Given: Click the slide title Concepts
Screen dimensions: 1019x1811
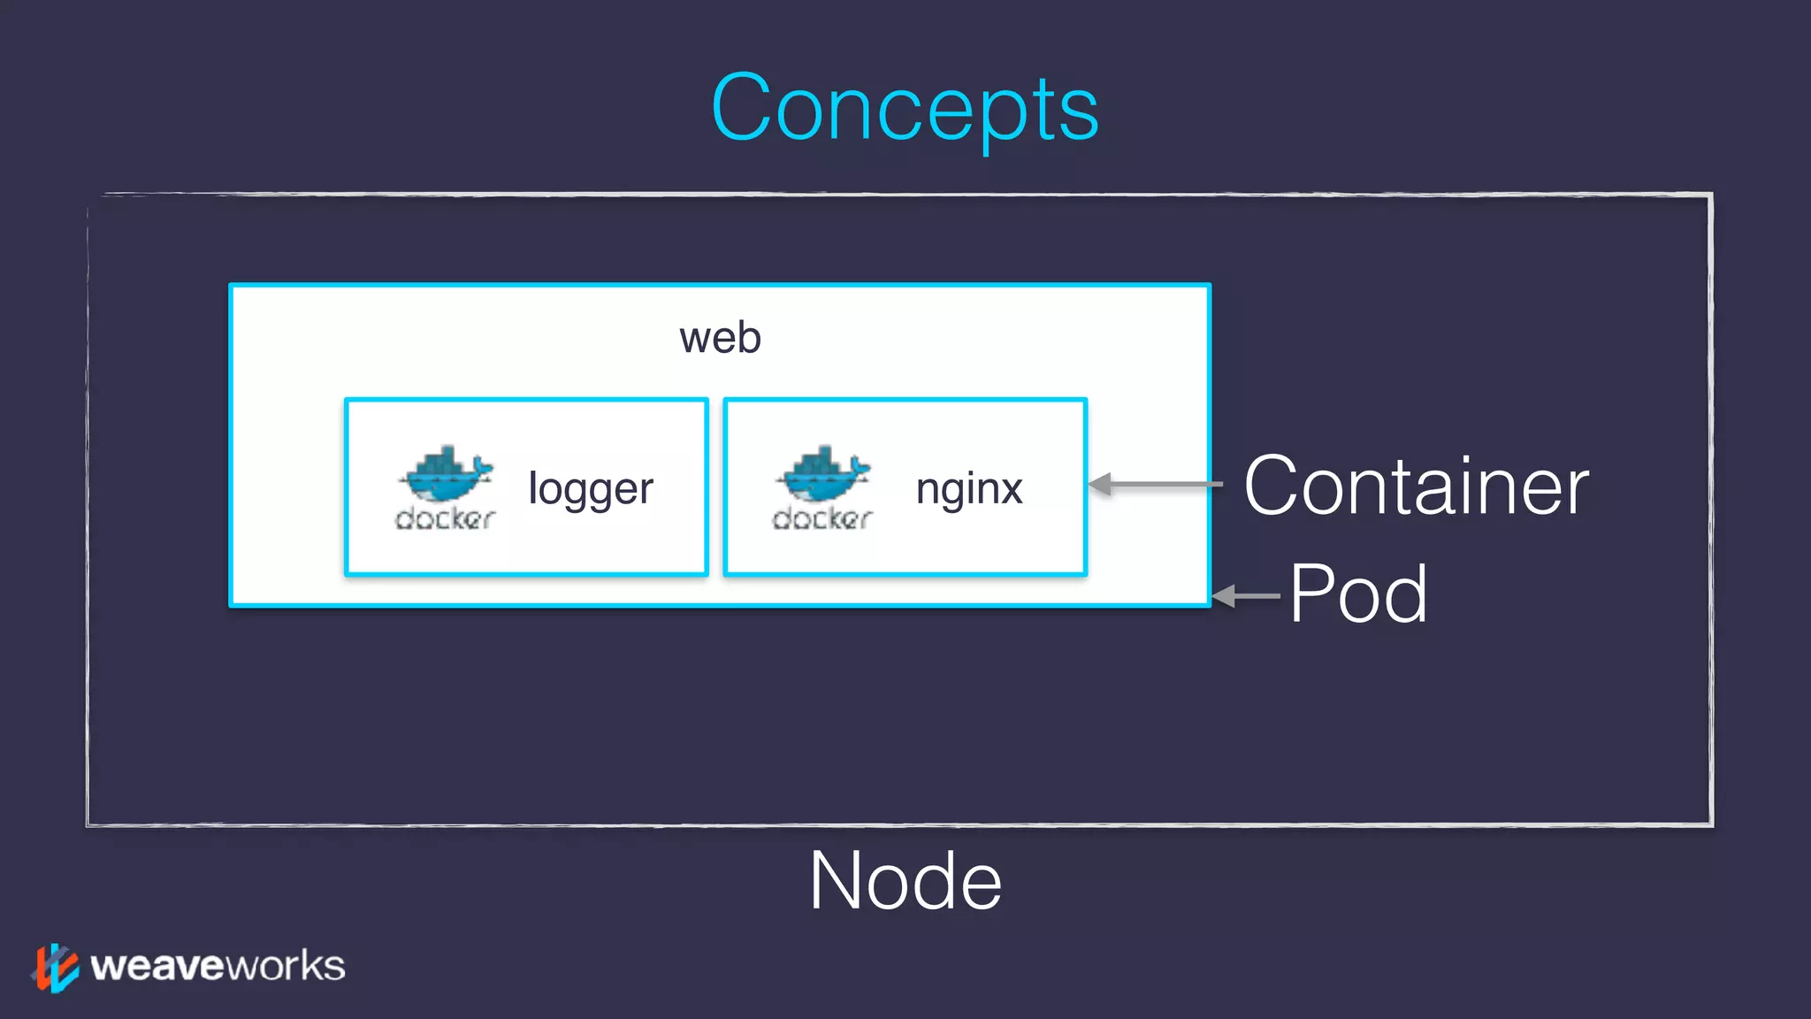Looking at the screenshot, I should click(905, 108).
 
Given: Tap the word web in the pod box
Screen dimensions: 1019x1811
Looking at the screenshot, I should click(720, 338).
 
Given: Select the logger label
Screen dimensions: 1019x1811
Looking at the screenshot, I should click(590, 489).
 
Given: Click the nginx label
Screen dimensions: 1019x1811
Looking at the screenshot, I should click(969, 489).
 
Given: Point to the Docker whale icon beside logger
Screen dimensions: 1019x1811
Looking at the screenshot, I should click(446, 473).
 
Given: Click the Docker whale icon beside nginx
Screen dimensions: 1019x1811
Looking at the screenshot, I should click(823, 473).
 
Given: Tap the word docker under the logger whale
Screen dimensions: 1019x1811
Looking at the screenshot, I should click(445, 518).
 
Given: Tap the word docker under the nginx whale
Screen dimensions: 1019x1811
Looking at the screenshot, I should click(822, 518).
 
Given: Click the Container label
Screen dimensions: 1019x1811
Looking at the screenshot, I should click(1416, 486).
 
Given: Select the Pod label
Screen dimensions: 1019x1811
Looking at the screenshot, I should click(1358, 594).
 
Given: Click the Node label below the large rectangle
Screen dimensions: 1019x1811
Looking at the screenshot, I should click(905, 881).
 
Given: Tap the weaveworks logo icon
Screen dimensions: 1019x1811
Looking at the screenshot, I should click(56, 967).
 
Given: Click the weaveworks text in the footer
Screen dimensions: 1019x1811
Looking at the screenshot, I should click(218, 966).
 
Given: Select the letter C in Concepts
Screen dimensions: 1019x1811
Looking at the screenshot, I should click(741, 108).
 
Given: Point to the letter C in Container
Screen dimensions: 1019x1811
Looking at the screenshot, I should click(1273, 486).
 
